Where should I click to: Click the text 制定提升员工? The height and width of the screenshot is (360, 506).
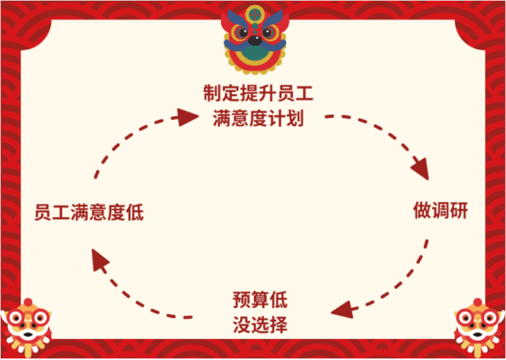point(252,93)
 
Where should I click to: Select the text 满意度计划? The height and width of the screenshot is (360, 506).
point(252,118)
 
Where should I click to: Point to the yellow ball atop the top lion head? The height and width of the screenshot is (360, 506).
point(253,12)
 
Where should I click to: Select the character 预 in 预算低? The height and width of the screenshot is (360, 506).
point(241,299)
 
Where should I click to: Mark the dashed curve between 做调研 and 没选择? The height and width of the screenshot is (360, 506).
point(411,274)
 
